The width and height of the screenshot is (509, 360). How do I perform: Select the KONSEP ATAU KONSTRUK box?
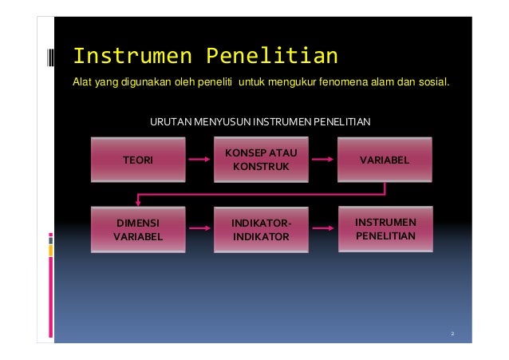257,160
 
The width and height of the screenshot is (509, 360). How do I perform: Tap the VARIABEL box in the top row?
384,160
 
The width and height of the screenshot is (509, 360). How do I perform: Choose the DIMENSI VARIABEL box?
137,229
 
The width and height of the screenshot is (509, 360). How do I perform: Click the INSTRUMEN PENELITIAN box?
384,229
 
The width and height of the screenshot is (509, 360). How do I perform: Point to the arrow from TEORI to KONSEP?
199,160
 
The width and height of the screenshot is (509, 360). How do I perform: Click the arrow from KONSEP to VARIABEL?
321,160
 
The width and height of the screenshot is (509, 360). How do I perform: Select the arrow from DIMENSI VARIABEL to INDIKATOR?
199,229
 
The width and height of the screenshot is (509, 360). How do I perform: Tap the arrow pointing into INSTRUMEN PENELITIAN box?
321,229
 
